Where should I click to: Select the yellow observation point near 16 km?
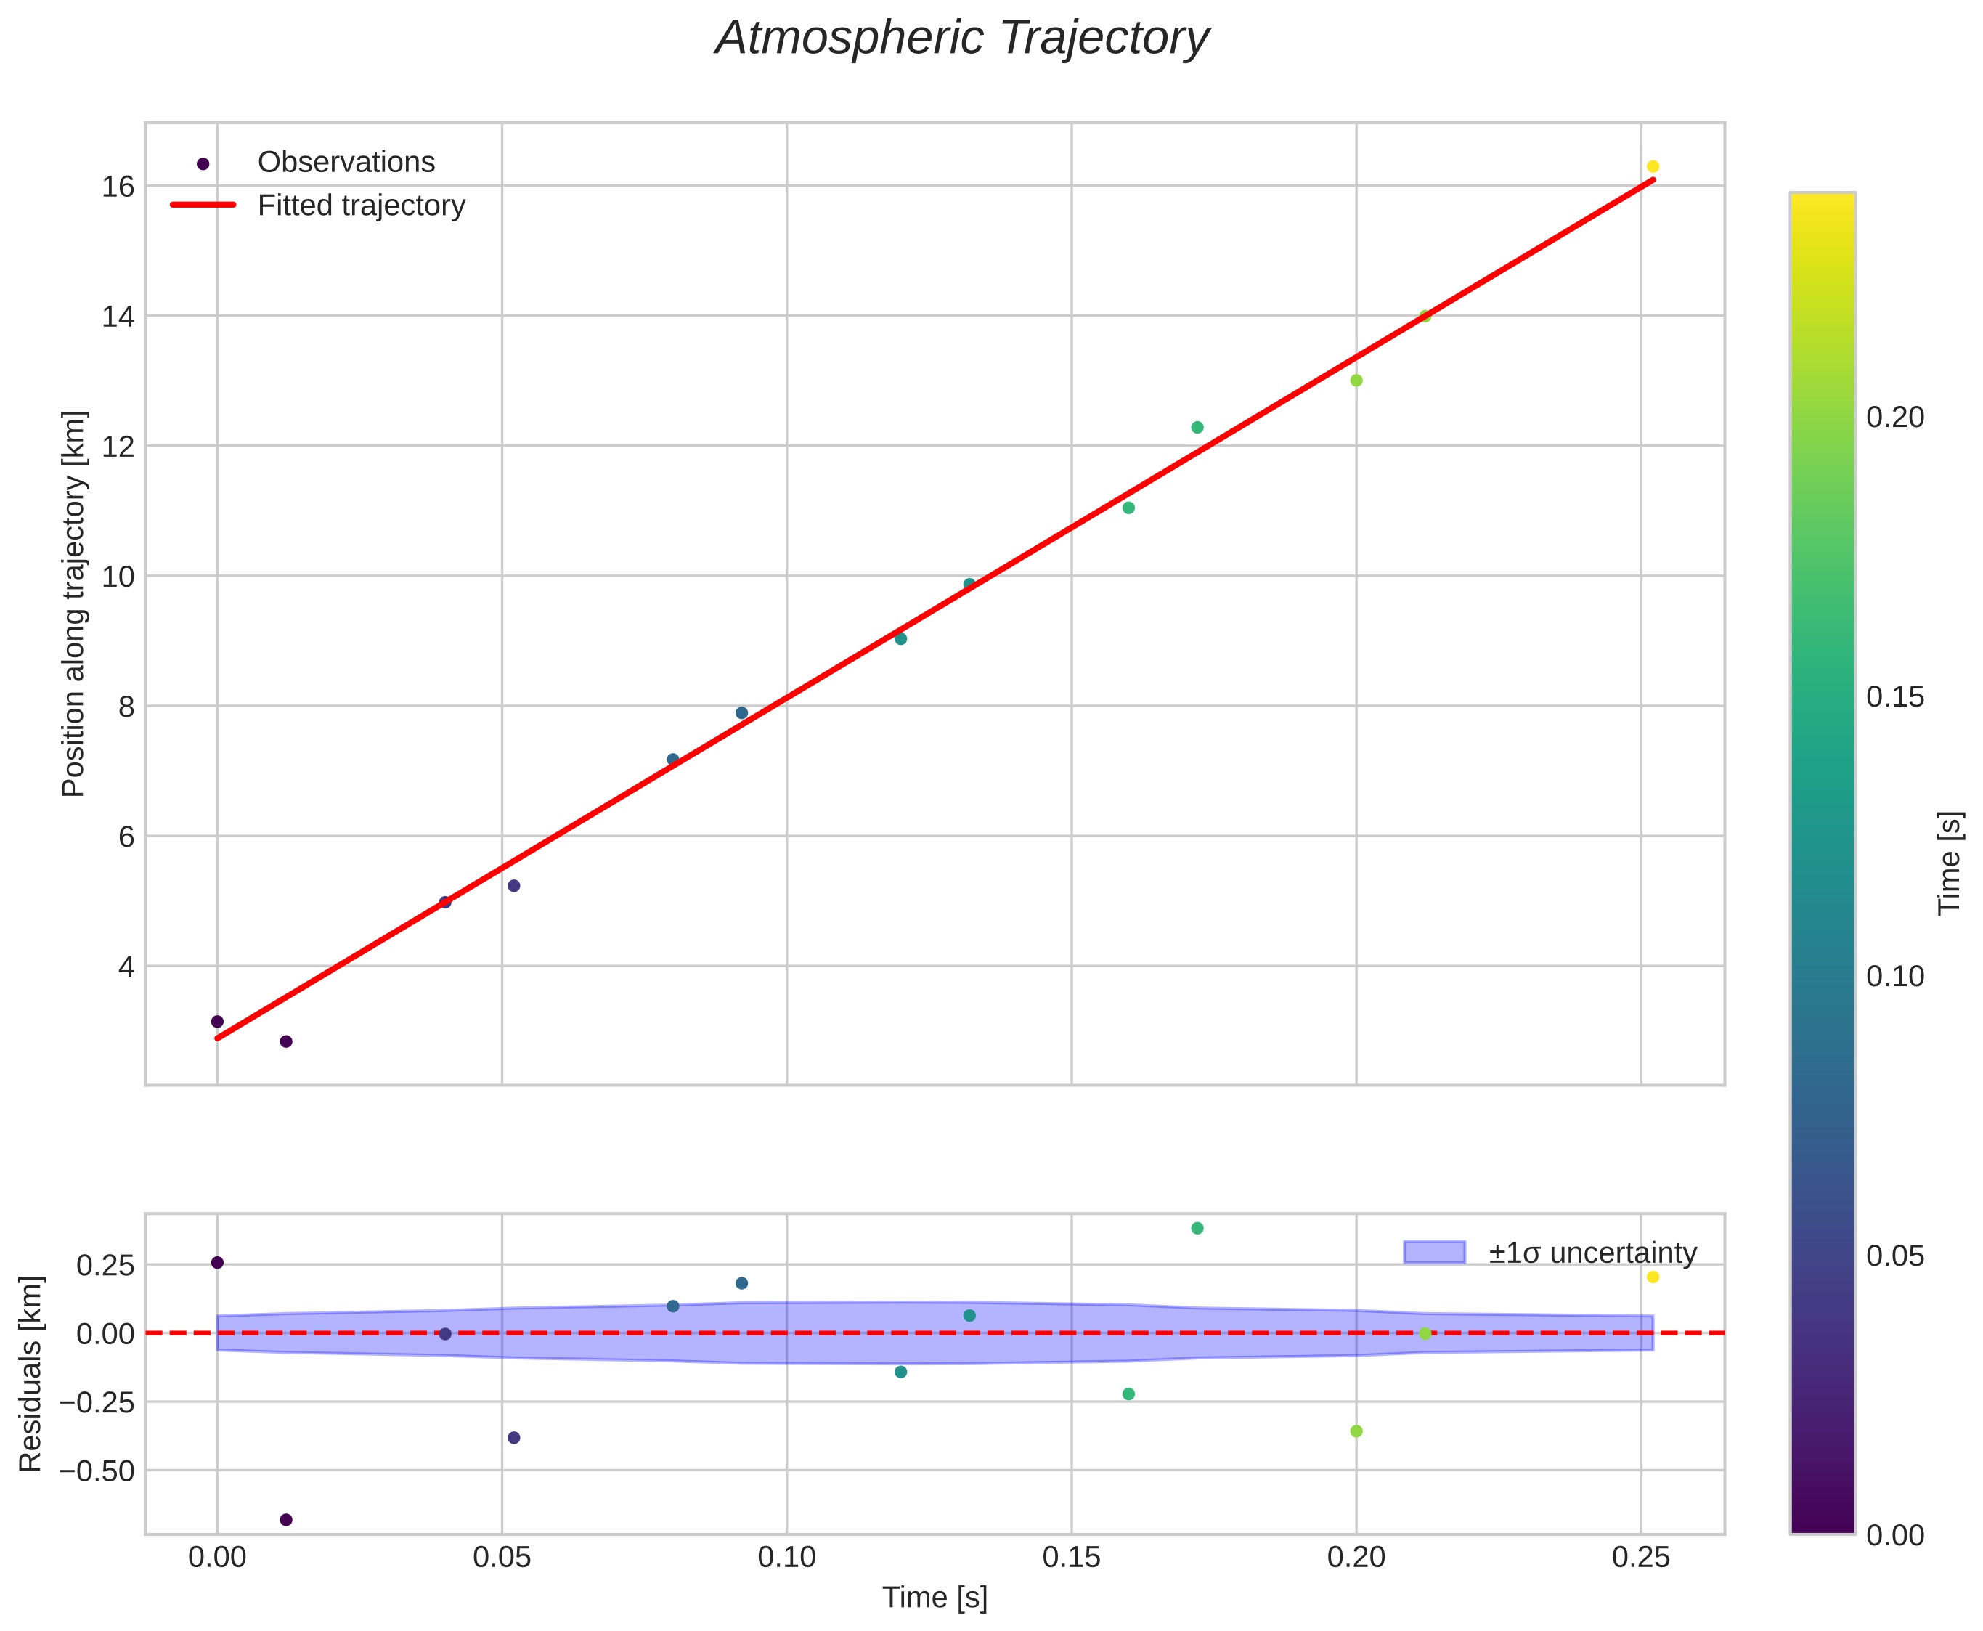click(x=1653, y=166)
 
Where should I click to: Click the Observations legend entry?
click(x=346, y=163)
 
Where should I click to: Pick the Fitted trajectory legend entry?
click(x=361, y=206)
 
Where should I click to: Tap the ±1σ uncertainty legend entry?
click(x=1592, y=1253)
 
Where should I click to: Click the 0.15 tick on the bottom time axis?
click(x=1071, y=1558)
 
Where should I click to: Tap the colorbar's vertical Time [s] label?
click(x=1950, y=863)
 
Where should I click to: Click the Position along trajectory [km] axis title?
click(x=74, y=603)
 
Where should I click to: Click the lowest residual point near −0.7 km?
click(x=287, y=1519)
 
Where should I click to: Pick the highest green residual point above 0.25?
click(x=1197, y=1228)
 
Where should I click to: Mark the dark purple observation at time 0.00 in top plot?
click(x=217, y=1021)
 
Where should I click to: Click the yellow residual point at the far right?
click(x=1653, y=1277)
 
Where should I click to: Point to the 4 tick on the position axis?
click(x=126, y=967)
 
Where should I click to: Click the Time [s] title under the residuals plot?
click(x=935, y=1598)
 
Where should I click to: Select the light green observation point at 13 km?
click(x=1356, y=381)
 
